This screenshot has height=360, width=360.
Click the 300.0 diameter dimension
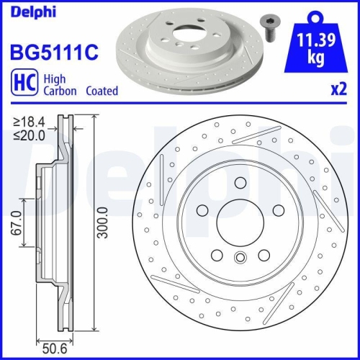(x=105, y=225)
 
